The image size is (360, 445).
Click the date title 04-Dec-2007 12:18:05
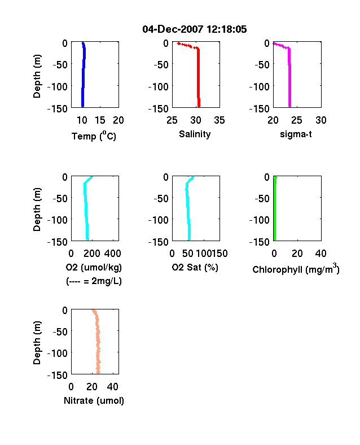tap(195, 29)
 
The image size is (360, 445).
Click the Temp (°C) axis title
tap(94, 136)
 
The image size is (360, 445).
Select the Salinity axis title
tap(195, 134)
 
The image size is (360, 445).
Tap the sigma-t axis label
tap(296, 134)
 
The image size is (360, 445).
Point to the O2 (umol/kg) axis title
tap(94, 267)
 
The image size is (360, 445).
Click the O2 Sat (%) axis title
tap(195, 267)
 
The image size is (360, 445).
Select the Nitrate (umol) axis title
tap(94, 400)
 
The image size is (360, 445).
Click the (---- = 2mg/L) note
tap(94, 281)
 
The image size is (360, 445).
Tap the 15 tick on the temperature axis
tap(100, 120)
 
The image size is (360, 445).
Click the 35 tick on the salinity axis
tap(219, 120)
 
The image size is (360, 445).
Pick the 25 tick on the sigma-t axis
tap(297, 120)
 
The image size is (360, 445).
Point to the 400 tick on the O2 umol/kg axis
tap(113, 254)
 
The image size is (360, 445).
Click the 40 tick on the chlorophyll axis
tap(321, 254)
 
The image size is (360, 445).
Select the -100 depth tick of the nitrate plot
tap(58, 353)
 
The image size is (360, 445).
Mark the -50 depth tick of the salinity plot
tap(161, 65)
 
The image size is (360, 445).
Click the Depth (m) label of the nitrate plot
tap(37, 343)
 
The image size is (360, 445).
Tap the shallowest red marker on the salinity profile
tap(178, 43)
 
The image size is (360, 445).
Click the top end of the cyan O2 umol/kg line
tap(91, 177)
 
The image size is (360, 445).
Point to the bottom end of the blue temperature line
tap(82, 106)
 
